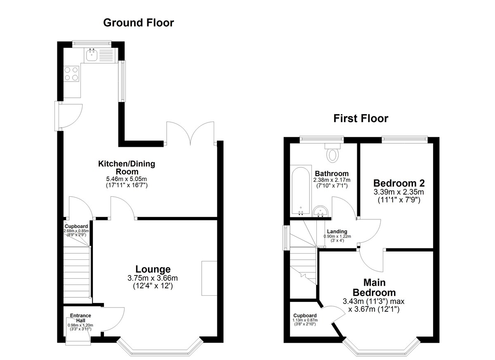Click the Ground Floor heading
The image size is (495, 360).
[139, 23]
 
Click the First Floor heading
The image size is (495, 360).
[361, 118]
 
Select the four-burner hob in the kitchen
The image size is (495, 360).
[71, 74]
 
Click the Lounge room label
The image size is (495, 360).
[153, 269]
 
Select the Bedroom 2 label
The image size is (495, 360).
[399, 183]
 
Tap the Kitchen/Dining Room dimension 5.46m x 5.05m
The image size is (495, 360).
[126, 179]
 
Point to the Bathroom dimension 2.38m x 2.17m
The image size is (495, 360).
[332, 180]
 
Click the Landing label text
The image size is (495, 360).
[337, 231]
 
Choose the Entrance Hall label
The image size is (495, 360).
[80, 318]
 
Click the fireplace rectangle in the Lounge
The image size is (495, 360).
[209, 278]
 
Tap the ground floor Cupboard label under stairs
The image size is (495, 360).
[76, 226]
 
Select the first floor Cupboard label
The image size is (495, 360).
[305, 315]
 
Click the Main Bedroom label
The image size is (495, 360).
[374, 287]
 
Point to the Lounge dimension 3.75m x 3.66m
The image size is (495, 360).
[153, 278]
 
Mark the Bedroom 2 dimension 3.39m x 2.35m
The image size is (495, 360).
[399, 192]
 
